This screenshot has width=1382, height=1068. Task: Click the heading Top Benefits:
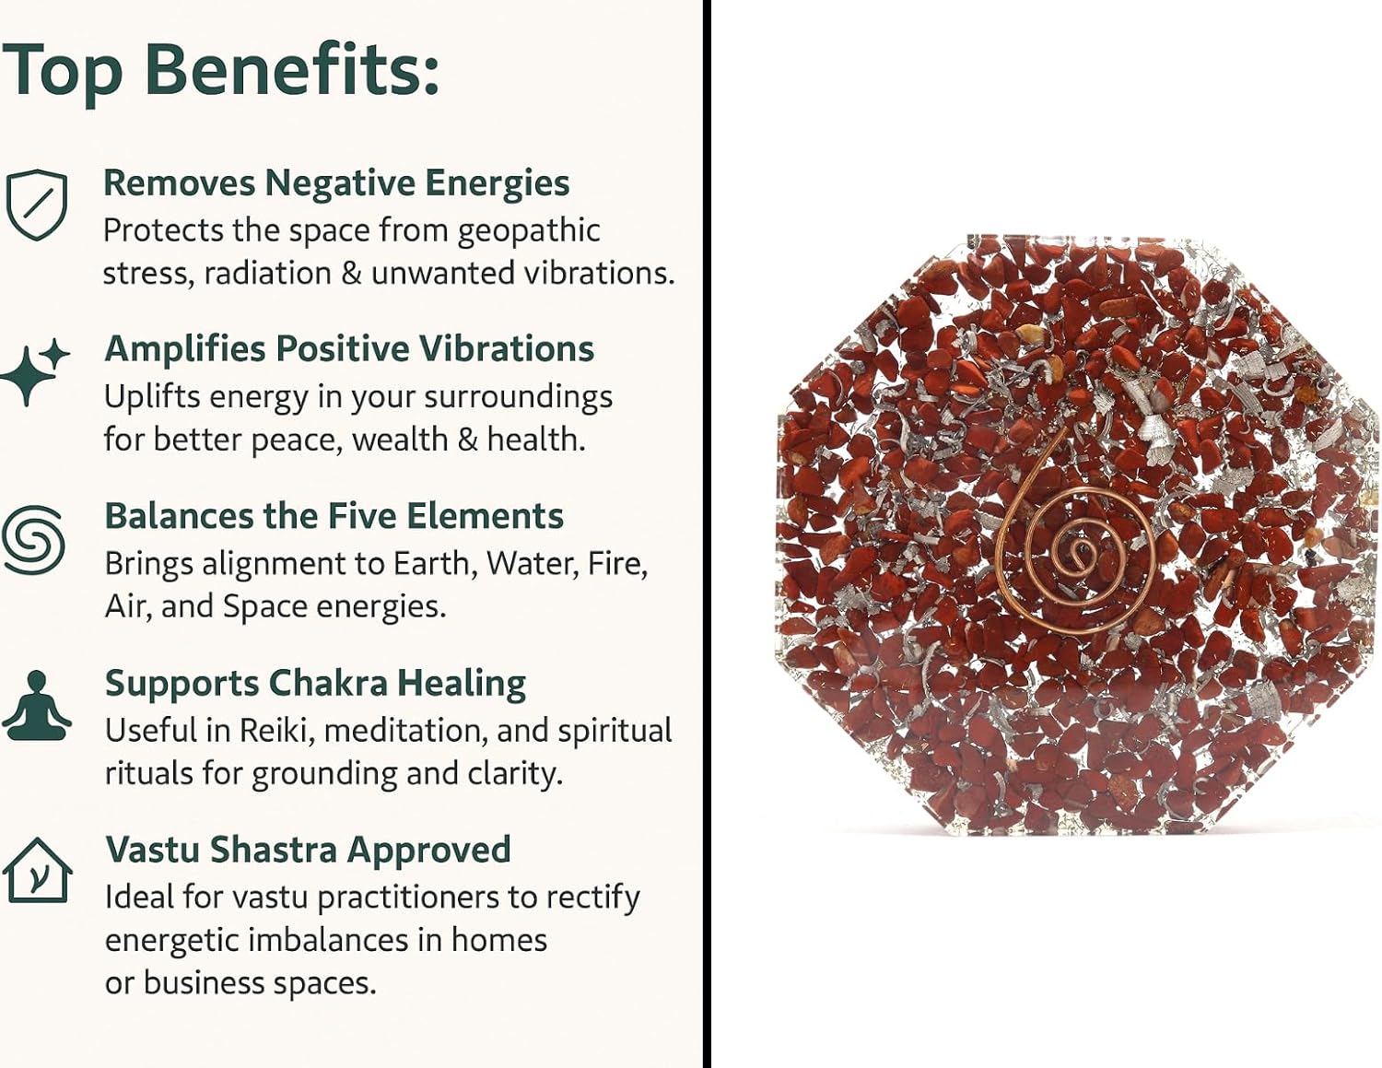220,71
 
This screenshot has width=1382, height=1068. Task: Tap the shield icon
36,205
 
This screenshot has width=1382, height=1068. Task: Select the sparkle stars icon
35,371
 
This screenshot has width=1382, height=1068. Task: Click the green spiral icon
33,539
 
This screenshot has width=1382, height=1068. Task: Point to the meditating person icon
36,705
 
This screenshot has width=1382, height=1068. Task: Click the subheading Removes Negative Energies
336,183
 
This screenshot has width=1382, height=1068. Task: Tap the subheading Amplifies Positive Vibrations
349,348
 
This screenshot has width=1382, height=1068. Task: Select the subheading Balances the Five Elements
334,516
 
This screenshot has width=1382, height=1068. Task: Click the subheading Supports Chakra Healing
315,684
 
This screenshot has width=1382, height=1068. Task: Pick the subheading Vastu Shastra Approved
308,850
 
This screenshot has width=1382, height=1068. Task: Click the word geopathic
529,231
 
